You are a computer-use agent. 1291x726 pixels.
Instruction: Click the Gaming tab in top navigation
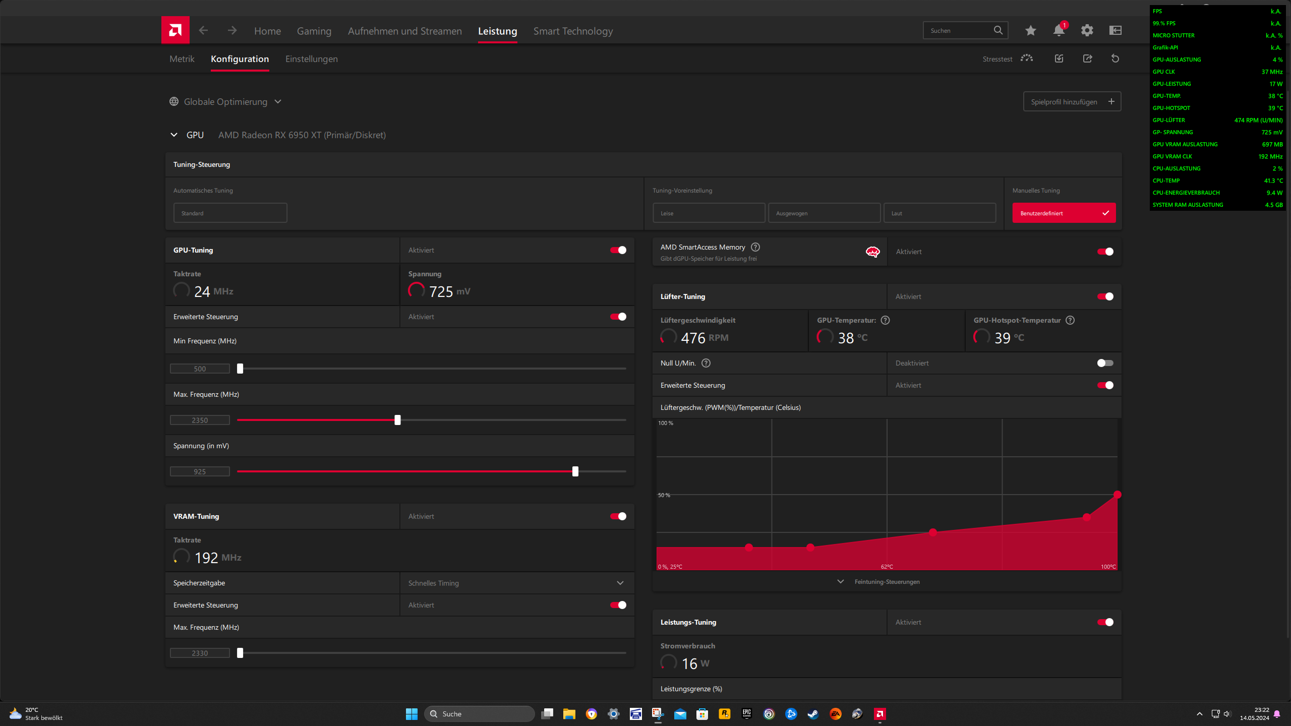pyautogui.click(x=314, y=31)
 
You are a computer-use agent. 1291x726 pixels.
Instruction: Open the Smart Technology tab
pyautogui.click(x=573, y=31)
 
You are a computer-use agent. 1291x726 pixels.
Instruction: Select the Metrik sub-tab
pyautogui.click(x=182, y=59)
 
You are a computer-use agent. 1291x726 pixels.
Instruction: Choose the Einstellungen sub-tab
pyautogui.click(x=311, y=59)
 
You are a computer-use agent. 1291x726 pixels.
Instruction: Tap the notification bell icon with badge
pyautogui.click(x=1059, y=30)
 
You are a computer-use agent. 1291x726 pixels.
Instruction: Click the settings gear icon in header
pyautogui.click(x=1087, y=30)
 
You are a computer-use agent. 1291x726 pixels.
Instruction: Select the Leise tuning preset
pyautogui.click(x=709, y=213)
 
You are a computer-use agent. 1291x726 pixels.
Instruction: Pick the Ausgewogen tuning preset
pyautogui.click(x=824, y=213)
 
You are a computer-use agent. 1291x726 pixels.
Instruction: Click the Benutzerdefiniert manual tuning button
pyautogui.click(x=1064, y=213)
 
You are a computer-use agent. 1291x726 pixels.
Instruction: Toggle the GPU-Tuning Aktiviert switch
pyautogui.click(x=618, y=250)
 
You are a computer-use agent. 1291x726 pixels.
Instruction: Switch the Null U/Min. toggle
pyautogui.click(x=1105, y=363)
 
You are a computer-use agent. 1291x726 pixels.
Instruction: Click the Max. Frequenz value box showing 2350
pyautogui.click(x=200, y=420)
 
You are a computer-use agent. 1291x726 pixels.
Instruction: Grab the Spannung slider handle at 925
pyautogui.click(x=575, y=471)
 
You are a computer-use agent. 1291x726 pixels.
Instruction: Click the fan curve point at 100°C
pyautogui.click(x=1118, y=495)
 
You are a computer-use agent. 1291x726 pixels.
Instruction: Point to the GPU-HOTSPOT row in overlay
pyautogui.click(x=1217, y=108)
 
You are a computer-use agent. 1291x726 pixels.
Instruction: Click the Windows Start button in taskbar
pyautogui.click(x=412, y=714)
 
